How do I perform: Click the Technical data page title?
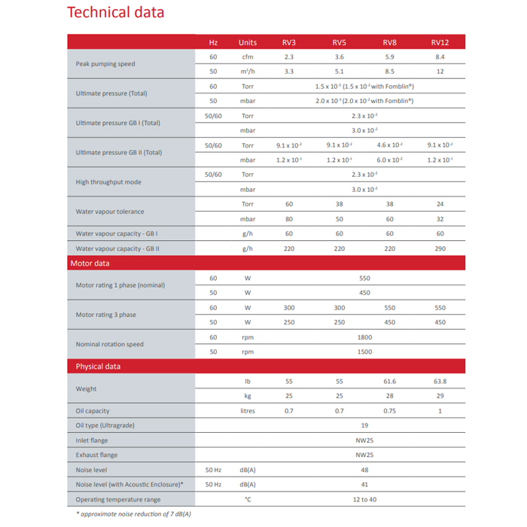pos(115,13)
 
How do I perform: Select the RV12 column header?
pos(440,42)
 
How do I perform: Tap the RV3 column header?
pos(289,42)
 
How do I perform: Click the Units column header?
pos(248,42)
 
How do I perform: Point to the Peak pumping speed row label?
pos(105,64)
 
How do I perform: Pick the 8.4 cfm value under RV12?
pos(440,56)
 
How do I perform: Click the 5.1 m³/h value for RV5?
pos(340,72)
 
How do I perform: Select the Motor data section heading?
pos(90,263)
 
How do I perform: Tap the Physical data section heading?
pos(98,367)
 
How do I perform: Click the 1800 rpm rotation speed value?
pos(364,337)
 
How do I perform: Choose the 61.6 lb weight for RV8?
pos(389,382)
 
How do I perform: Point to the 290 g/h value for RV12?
pos(440,248)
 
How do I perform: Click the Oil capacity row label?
pos(93,411)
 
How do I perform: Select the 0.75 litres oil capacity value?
pos(389,411)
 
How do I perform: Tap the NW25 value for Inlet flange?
pos(364,440)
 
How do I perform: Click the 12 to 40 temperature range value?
pos(364,499)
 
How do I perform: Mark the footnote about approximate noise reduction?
pos(133,513)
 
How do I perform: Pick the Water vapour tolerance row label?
pos(110,212)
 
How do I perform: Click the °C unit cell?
pos(248,499)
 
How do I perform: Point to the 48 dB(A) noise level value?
pos(364,470)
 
